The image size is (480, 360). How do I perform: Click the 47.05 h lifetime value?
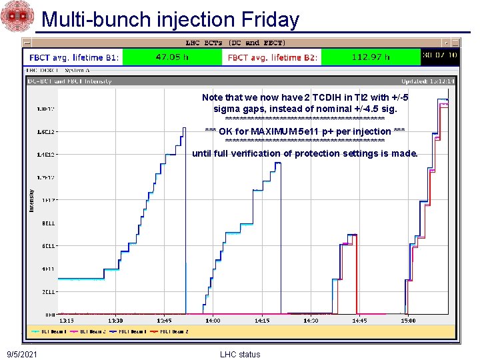(x=171, y=57)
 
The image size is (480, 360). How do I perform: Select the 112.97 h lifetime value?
(x=371, y=57)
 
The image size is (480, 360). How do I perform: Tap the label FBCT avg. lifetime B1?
(x=73, y=58)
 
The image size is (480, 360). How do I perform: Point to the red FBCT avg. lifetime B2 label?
(x=273, y=58)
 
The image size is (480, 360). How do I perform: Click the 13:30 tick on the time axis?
(x=115, y=321)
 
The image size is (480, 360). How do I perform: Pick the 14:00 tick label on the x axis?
(x=212, y=321)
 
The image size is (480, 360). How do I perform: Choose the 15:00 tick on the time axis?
(x=407, y=321)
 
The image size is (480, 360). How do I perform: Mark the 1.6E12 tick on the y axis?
(x=46, y=131)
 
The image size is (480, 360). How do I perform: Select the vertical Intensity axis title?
(x=31, y=200)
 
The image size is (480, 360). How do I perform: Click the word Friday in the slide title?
(x=269, y=19)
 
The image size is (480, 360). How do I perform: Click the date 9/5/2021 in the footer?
(x=22, y=354)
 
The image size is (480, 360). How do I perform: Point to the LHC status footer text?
(x=240, y=354)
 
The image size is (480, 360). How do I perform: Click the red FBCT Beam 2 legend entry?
(x=171, y=331)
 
